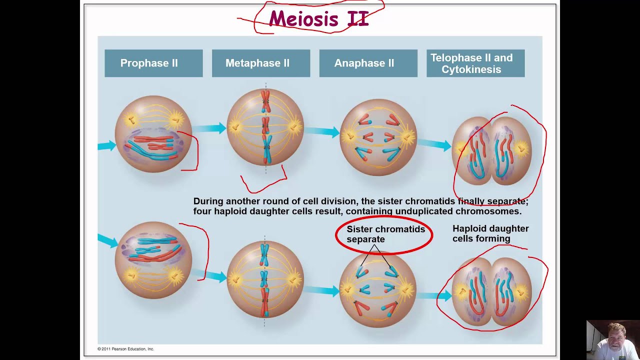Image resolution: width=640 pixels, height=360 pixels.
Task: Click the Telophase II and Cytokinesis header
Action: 475,63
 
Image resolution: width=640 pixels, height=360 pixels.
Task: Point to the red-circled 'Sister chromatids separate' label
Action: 384,234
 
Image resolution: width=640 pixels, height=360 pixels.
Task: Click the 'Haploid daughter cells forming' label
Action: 490,233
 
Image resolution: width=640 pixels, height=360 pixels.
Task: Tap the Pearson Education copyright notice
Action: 125,349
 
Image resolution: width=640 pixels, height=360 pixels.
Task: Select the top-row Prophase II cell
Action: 153,134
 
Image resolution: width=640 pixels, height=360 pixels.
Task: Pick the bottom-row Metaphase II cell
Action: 265,279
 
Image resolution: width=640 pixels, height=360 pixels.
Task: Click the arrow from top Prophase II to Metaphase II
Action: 210,128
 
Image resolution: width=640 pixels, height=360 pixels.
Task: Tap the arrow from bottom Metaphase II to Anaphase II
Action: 322,290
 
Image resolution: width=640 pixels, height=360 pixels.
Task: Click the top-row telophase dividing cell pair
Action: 491,148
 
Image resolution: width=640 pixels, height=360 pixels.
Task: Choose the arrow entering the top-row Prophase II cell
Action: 106,146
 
